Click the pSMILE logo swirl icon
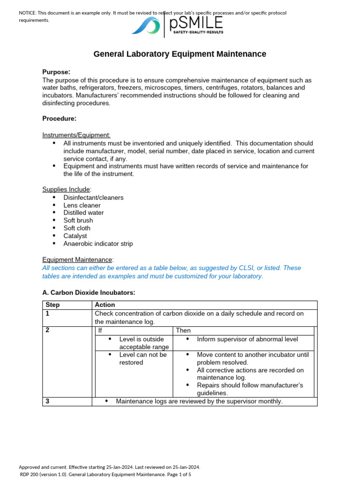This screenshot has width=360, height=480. (x=146, y=26)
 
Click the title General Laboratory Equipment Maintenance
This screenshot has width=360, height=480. (x=180, y=54)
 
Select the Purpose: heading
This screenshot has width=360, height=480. (x=56, y=72)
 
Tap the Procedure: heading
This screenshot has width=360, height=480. (x=59, y=119)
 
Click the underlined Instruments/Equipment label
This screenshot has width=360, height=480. (x=76, y=135)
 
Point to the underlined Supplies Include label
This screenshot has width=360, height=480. (x=66, y=189)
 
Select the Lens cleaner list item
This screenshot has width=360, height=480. (x=82, y=205)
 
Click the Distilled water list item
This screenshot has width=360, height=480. (x=83, y=213)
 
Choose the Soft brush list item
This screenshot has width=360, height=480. (x=78, y=220)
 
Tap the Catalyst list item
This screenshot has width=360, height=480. (x=75, y=236)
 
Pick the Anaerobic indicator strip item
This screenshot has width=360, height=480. (x=98, y=244)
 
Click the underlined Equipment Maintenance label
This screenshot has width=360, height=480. (x=77, y=260)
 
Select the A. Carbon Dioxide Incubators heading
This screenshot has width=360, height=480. (x=89, y=292)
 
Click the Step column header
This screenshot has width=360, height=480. (x=52, y=305)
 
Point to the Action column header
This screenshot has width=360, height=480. (x=105, y=305)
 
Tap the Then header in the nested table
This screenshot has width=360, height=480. (x=183, y=330)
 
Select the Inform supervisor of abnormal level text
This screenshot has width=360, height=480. (x=247, y=339)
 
